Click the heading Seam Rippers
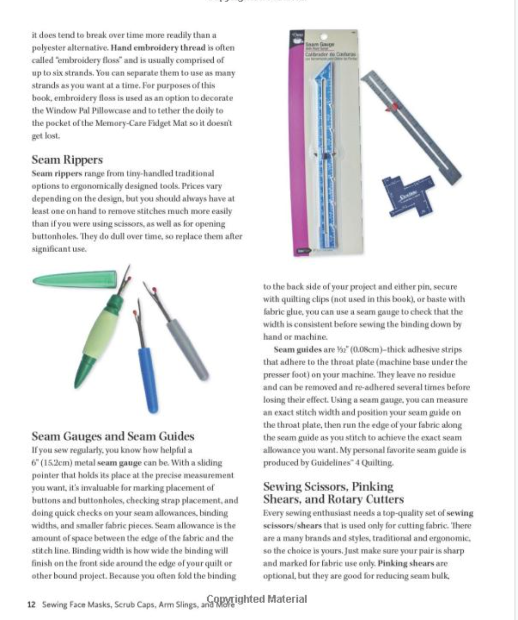click(67, 160)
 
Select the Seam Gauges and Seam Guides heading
click(113, 436)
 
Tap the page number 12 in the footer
click(31, 604)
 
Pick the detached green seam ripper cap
click(75, 279)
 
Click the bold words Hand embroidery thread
click(158, 48)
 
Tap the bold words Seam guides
click(298, 349)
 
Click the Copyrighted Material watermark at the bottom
click(257, 599)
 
